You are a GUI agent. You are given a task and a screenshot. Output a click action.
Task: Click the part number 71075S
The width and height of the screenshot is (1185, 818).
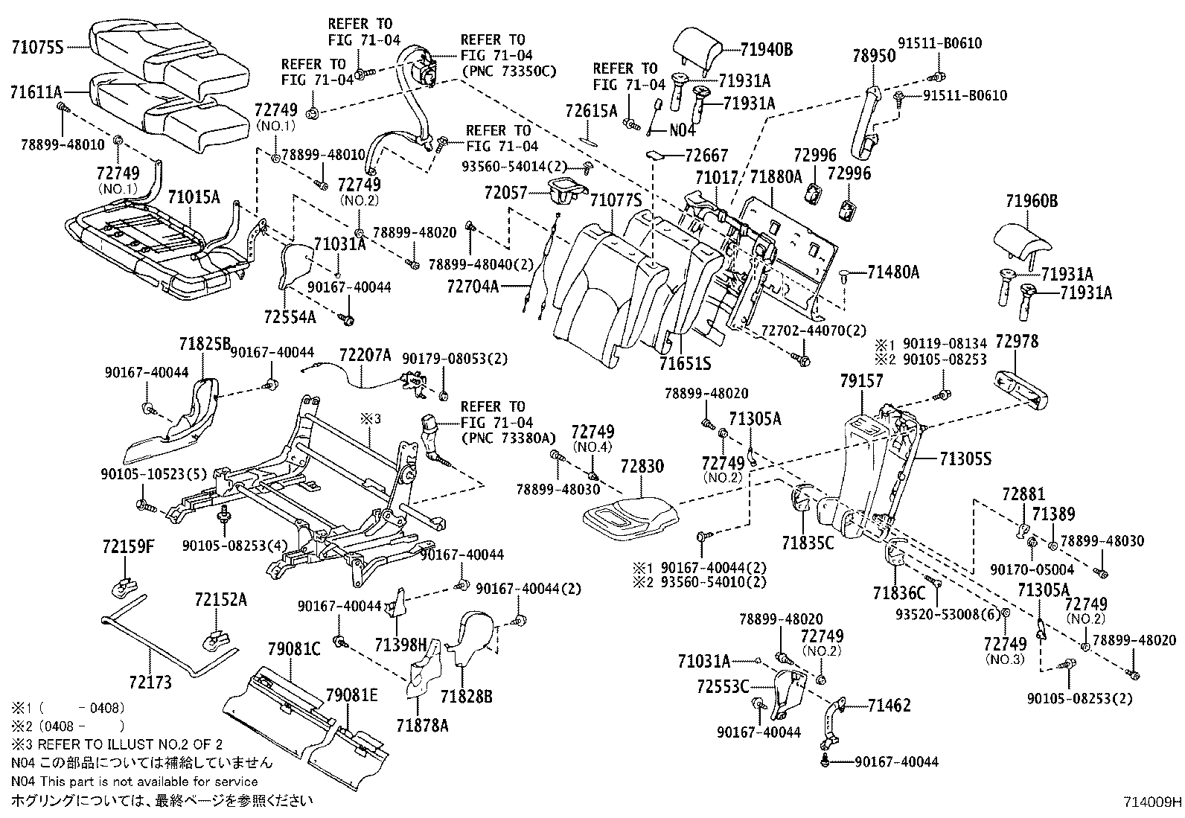coord(36,46)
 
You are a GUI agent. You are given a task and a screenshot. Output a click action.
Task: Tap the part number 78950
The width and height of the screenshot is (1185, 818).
coord(874,57)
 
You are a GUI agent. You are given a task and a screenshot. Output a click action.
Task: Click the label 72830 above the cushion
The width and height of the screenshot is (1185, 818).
coord(641,465)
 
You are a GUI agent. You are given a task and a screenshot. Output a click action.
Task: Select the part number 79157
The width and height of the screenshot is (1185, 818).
coord(861,381)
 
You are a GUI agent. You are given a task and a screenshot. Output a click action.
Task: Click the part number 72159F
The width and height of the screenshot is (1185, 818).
coord(128,547)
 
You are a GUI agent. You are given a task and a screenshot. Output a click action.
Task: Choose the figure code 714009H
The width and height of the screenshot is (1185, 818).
coord(1152,802)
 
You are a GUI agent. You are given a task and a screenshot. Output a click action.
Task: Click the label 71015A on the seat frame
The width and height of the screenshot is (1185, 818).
coord(194,197)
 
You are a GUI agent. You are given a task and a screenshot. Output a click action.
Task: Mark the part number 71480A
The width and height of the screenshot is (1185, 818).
coord(893,272)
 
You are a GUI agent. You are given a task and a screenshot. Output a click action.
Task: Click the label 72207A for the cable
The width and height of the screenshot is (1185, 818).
coord(365,355)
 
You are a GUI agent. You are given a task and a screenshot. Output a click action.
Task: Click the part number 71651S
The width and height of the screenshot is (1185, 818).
coord(684,363)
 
